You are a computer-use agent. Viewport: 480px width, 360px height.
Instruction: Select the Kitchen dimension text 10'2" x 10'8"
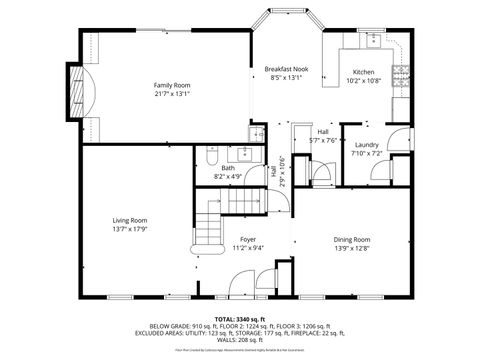coord(363,80)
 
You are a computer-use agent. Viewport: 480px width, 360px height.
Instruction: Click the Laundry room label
coord(366,146)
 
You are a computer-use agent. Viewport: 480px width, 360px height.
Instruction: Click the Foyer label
coord(248,240)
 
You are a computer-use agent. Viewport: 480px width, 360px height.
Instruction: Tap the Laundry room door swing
coord(398,141)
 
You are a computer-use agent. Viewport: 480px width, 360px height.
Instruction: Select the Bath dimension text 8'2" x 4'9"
coord(228,176)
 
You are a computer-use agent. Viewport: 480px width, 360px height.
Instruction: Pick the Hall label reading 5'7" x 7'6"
coord(323,141)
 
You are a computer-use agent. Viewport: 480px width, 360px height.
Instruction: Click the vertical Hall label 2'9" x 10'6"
coord(280,171)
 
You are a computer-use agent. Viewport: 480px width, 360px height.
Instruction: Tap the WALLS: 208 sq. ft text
coord(239,341)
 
